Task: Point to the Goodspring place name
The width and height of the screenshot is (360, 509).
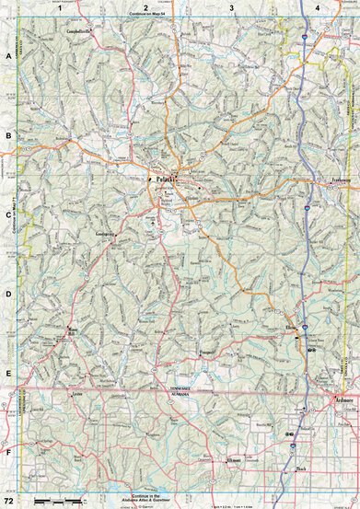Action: coord(108,234)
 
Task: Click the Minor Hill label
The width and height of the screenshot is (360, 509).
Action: coord(74,330)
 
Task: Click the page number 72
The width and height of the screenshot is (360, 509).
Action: coord(8,502)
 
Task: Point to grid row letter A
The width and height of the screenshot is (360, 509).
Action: coord(8,56)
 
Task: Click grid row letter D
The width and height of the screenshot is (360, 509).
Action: coord(8,295)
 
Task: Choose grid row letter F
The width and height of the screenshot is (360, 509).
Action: coord(8,453)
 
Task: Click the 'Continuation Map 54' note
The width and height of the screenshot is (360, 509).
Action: coord(153,17)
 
